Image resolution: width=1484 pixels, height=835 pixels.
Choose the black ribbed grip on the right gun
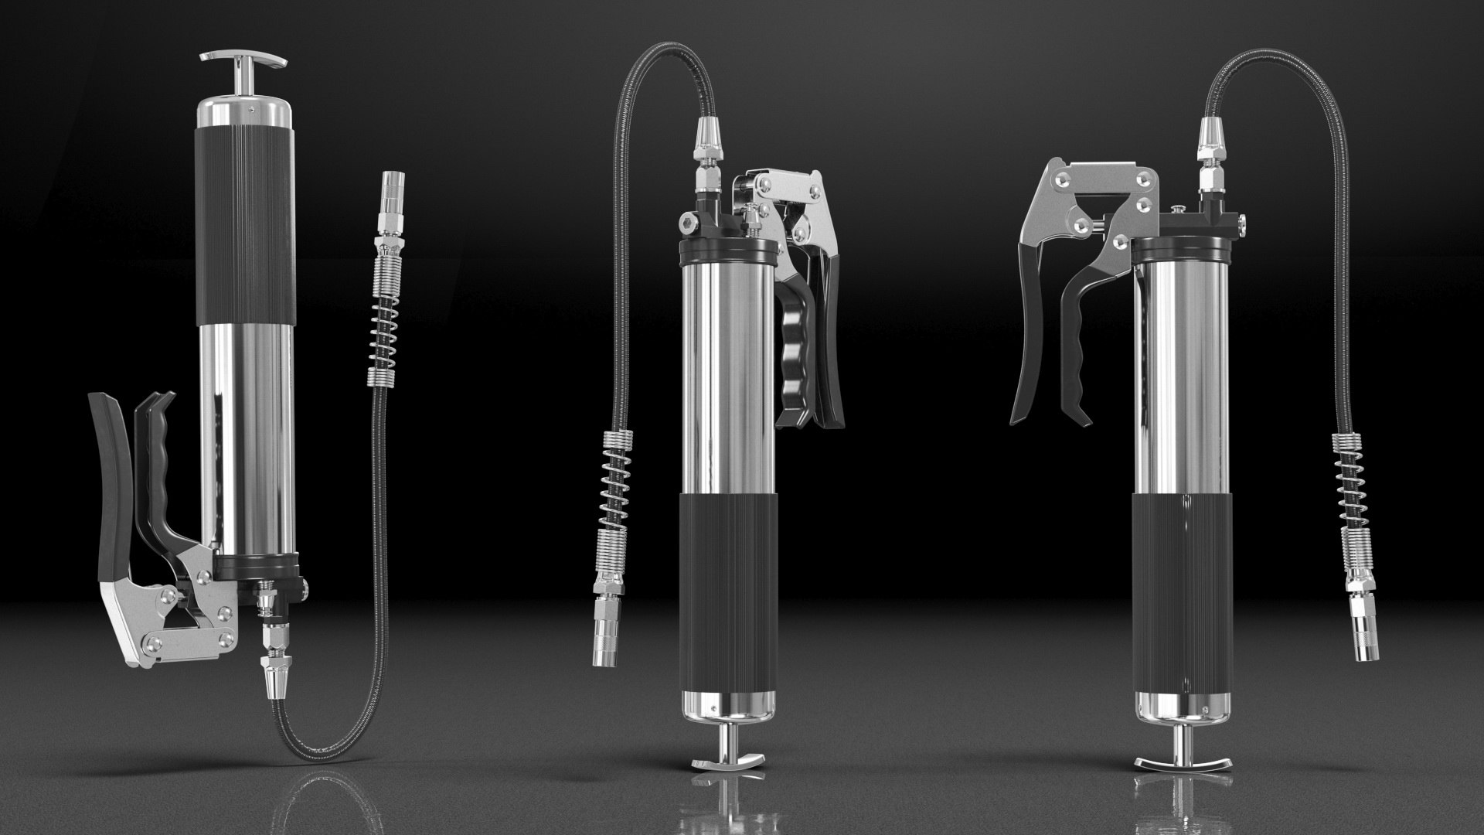1181,588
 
